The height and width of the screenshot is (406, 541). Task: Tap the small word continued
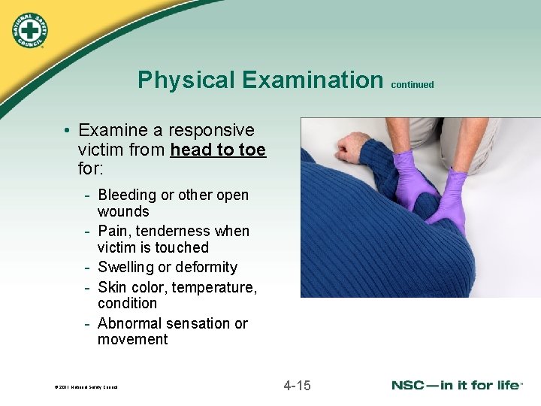point(413,85)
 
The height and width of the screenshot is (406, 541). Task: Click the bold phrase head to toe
point(218,150)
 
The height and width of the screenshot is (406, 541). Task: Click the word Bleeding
point(127,195)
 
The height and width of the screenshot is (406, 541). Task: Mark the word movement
point(132,340)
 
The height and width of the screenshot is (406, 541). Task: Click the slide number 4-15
point(297,386)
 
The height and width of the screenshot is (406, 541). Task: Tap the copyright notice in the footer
point(86,388)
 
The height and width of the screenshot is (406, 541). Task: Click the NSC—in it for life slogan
point(457,385)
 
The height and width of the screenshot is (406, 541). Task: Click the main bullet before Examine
point(68,132)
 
